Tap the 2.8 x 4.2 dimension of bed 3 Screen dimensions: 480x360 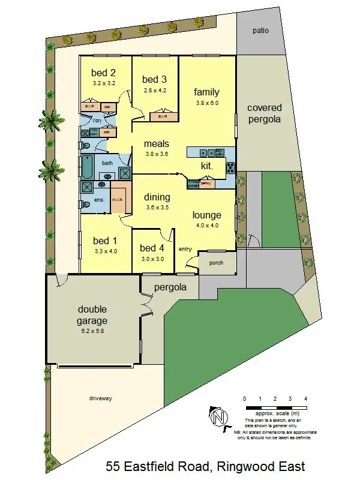tap(155, 90)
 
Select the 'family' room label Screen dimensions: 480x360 tap(206, 92)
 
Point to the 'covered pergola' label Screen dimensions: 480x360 tap(264, 113)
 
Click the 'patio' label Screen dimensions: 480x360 tap(260, 30)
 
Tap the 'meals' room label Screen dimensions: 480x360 tap(156, 143)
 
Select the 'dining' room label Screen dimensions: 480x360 tap(157, 197)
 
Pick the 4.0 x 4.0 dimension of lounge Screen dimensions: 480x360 tap(206, 226)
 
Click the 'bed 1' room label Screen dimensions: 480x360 tap(104, 241)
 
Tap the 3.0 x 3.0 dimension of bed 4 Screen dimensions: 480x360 tap(152, 259)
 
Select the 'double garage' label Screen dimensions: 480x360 tap(92, 315)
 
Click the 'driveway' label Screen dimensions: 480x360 tap(101, 398)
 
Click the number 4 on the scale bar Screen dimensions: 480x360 tap(306, 398)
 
